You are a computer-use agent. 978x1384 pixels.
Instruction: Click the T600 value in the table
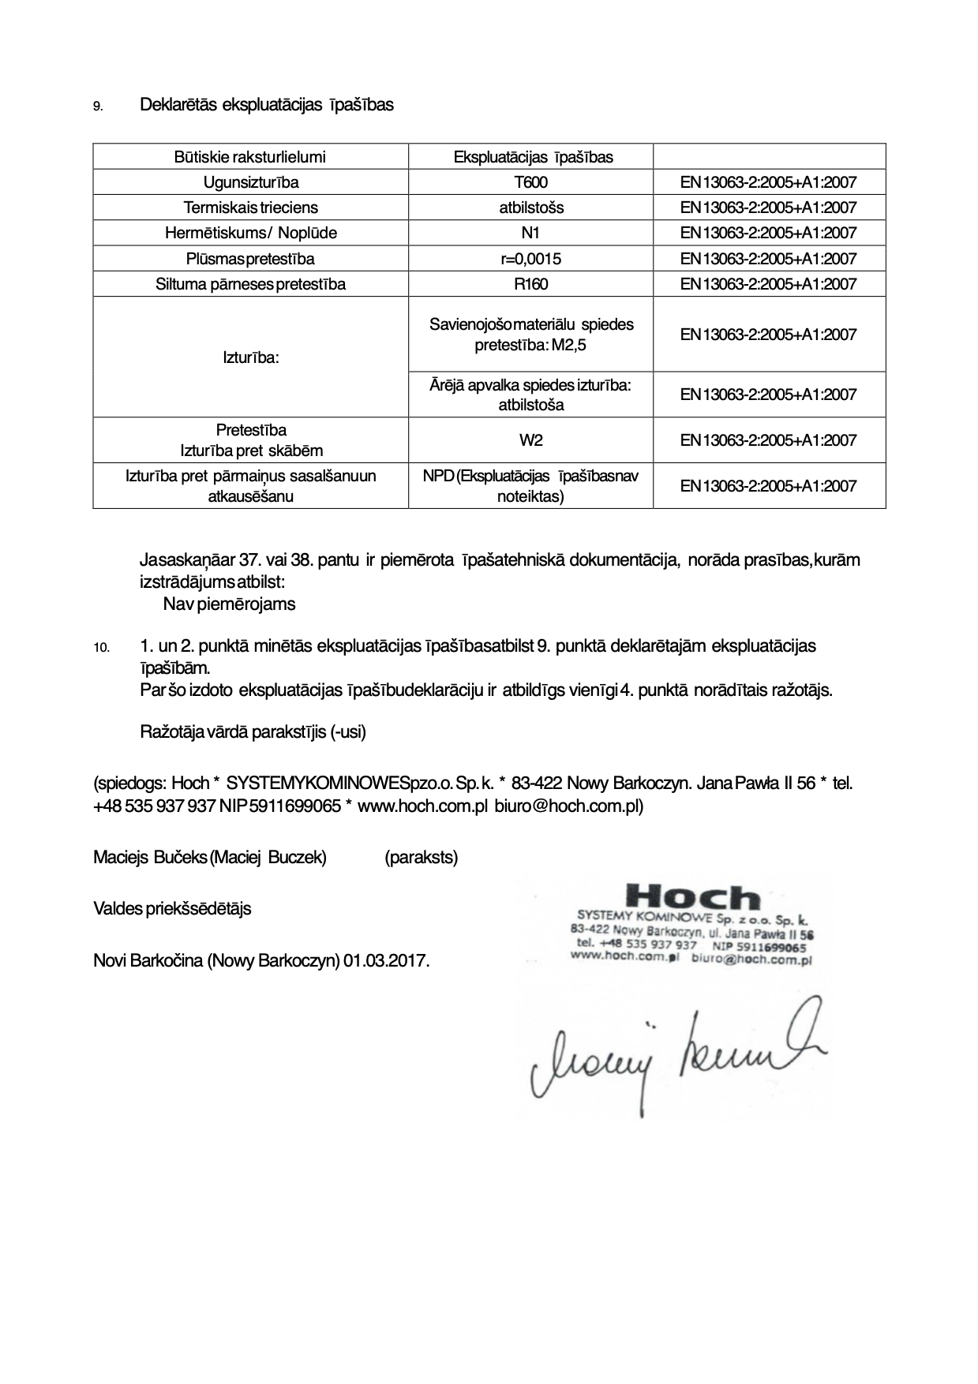click(530, 182)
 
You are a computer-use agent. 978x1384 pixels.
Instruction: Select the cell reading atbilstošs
click(530, 208)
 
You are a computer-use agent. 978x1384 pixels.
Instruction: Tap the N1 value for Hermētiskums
click(530, 233)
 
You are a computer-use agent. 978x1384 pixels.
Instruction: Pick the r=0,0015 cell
click(530, 259)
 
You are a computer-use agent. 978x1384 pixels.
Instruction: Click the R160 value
click(530, 284)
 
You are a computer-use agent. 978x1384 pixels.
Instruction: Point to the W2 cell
click(530, 440)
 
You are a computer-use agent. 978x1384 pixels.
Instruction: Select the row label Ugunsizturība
click(251, 182)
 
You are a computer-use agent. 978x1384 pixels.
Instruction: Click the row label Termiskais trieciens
click(251, 208)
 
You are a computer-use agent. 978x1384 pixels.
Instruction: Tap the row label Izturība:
click(251, 357)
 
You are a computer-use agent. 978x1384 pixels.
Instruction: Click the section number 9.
click(98, 107)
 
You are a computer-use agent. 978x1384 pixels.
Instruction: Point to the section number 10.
click(101, 648)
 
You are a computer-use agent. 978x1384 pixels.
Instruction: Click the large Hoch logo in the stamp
click(692, 898)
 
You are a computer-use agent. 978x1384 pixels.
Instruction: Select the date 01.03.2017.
click(386, 961)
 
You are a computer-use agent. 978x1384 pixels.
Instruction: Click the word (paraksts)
click(421, 857)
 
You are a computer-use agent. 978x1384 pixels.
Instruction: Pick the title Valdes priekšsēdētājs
click(172, 908)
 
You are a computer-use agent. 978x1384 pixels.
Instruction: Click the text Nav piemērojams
click(229, 604)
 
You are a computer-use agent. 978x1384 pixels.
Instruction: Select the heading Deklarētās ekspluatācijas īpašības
click(266, 105)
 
